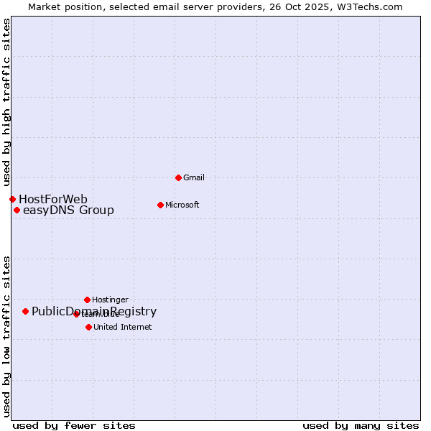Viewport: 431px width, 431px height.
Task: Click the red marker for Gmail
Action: click(178, 177)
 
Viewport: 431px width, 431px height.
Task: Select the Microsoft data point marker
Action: click(160, 205)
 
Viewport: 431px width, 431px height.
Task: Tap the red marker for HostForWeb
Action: click(12, 199)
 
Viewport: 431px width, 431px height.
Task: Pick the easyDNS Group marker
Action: click(17, 210)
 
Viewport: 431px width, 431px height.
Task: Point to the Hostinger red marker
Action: click(87, 300)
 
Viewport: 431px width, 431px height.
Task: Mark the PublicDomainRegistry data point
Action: click(25, 311)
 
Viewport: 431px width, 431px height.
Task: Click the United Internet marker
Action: click(88, 327)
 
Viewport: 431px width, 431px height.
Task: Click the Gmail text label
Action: click(194, 177)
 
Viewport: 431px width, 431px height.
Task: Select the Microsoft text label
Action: click(182, 205)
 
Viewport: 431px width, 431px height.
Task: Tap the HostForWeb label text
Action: click(53, 199)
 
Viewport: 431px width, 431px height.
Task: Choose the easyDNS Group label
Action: click(68, 210)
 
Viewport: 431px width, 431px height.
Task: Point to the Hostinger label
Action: click(110, 300)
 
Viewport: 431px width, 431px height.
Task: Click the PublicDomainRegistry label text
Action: click(94, 311)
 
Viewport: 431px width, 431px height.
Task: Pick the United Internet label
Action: click(122, 327)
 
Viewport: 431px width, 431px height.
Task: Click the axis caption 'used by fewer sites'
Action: click(74, 425)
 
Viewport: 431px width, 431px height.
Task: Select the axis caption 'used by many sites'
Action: click(361, 425)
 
